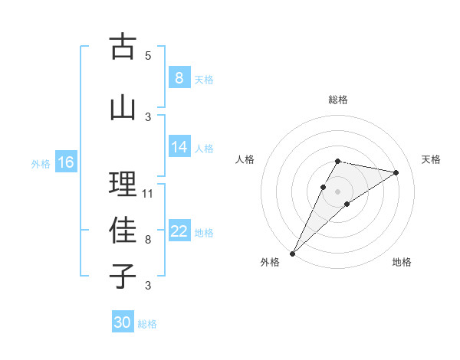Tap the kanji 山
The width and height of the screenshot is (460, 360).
coord(123,107)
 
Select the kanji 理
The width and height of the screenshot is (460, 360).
coord(123,184)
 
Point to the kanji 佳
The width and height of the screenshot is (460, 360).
coord(123,231)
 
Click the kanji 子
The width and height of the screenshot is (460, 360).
coord(123,277)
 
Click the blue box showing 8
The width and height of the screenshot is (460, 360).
coord(179,78)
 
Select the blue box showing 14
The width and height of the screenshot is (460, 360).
coord(179,148)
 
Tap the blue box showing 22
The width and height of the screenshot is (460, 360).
coord(179,232)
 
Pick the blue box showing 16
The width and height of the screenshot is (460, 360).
coord(65,162)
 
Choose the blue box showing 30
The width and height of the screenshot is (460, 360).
coord(123,322)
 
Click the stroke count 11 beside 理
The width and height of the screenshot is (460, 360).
coord(148,193)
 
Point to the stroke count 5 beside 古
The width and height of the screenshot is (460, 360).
coord(148,55)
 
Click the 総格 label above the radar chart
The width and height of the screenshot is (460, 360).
coord(337,100)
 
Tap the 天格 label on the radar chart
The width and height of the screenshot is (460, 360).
coord(432,159)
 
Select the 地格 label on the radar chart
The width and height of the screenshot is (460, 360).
coord(402,262)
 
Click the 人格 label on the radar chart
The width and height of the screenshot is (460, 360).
coord(245,159)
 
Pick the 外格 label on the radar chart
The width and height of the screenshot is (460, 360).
coord(270,262)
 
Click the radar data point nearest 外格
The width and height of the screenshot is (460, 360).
coord(292,253)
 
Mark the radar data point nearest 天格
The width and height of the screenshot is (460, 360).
coord(396,172)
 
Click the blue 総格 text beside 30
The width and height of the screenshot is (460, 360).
coord(147,324)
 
